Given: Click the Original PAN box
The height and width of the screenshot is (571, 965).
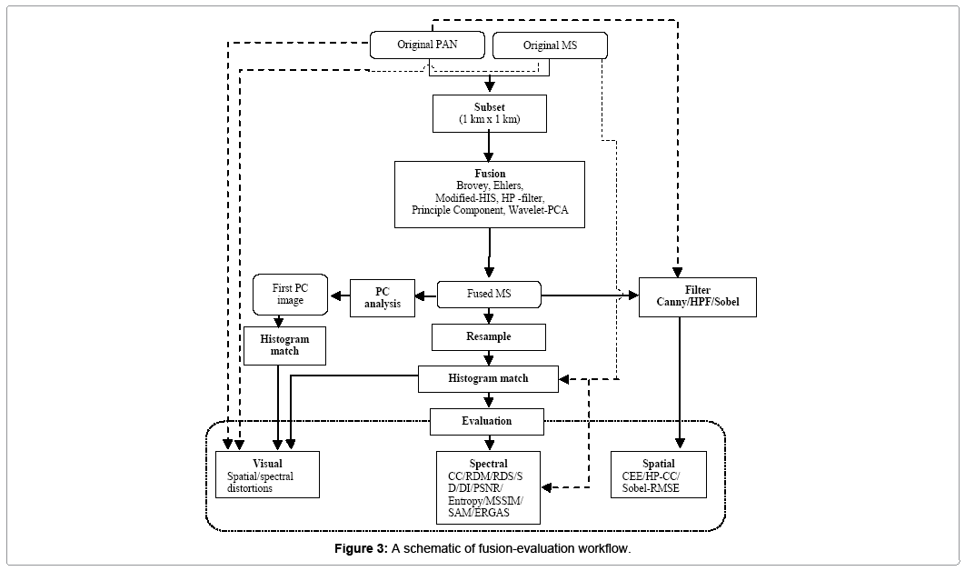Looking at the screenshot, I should pos(426,45).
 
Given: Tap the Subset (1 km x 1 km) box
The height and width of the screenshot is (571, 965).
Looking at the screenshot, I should pos(490,112).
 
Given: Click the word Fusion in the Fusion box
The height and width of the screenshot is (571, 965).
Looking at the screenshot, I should pos(489,174).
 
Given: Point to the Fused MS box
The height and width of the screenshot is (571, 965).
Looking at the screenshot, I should pos(489,294).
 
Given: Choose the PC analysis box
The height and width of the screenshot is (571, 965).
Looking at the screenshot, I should pos(382,298).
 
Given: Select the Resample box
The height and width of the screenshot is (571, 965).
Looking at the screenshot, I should pos(489,336).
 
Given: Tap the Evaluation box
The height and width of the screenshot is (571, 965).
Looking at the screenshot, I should pos(486,421).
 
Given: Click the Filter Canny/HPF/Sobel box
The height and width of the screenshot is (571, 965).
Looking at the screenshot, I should pos(698,296).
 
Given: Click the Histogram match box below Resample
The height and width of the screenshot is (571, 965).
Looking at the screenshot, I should pos(488,378).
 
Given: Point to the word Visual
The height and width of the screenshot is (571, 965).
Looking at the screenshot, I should pos(267,464).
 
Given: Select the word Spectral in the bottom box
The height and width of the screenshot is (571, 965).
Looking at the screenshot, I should pos(488,464).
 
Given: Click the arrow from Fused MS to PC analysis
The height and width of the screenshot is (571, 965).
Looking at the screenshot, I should pos(426,294).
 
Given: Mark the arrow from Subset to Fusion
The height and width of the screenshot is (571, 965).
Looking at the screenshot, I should pos(490,145).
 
